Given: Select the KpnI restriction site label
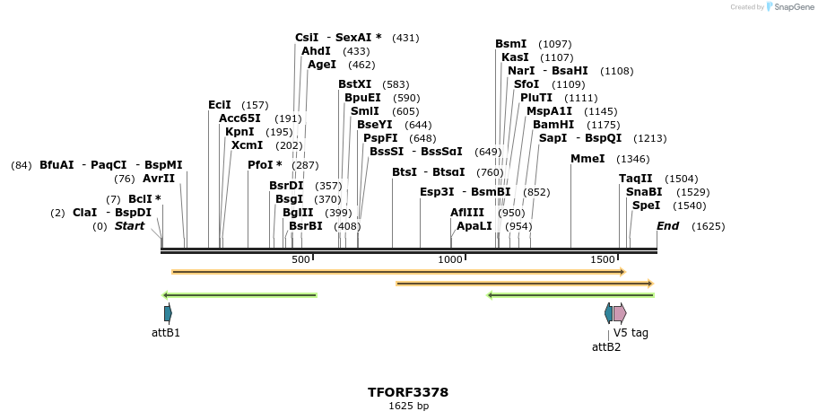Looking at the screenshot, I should (239, 132).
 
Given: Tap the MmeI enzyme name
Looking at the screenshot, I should (587, 159).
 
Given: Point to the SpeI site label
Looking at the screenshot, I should (646, 206).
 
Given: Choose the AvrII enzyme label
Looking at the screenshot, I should (159, 179).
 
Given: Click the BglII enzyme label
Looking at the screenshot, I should (298, 213).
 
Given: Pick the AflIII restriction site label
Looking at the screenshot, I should (467, 213).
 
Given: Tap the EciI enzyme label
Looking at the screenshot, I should (220, 105).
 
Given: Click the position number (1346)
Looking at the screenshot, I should (633, 159).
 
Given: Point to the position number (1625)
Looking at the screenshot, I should (708, 226).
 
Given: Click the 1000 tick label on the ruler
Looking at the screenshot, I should (450, 259).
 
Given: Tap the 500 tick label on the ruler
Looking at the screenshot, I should (300, 259).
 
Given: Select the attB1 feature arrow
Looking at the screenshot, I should (168, 313).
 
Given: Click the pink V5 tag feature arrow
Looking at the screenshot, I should (620, 313).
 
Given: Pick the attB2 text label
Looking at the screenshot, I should (606, 346).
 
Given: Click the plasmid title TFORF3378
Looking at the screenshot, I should (408, 392).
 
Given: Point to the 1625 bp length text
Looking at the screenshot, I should (408, 407).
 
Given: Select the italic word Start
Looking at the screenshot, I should (129, 226).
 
